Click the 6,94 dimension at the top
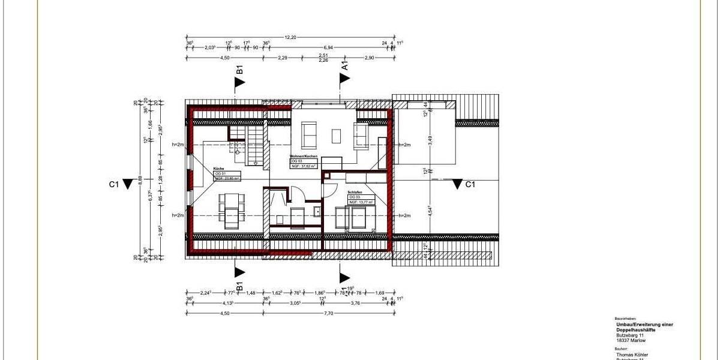coord(328,47)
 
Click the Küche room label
coord(218,169)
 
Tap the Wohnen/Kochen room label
coord(304,156)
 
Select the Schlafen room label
coord(354,192)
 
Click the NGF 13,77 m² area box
coord(362,202)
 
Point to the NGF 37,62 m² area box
coord(304,166)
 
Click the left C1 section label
coord(113,184)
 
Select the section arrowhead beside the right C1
coord(458,184)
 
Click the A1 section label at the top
coord(345,65)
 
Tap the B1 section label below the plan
coord(239,286)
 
